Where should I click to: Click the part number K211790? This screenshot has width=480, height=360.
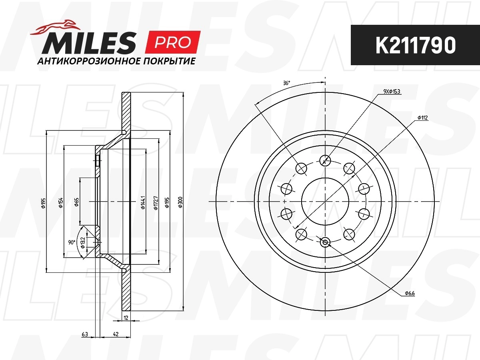click(x=415, y=45)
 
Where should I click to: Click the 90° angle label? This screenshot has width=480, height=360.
click(x=72, y=242)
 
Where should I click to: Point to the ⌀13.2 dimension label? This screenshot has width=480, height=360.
click(x=83, y=242)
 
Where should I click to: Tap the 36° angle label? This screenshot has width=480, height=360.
click(x=286, y=83)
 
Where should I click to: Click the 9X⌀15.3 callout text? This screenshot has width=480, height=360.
click(x=392, y=92)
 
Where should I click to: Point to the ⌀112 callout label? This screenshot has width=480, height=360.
click(x=422, y=118)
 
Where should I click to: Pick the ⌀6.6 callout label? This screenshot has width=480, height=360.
click(x=410, y=293)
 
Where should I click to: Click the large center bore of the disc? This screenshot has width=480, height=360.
click(x=325, y=201)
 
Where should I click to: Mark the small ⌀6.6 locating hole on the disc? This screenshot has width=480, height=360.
click(x=325, y=242)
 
